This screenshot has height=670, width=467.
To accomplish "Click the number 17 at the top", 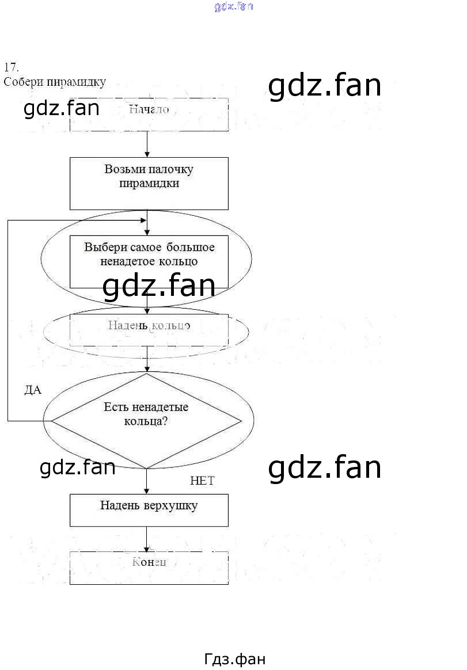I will click(x=11, y=66).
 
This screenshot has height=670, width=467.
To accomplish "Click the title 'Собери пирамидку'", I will click(x=54, y=82).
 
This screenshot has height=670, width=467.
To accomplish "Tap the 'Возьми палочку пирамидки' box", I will click(x=149, y=184).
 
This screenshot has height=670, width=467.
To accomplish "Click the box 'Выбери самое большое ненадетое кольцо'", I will click(x=149, y=255).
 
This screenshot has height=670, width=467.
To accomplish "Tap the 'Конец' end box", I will click(x=149, y=568).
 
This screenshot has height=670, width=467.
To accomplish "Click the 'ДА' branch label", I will click(x=33, y=390).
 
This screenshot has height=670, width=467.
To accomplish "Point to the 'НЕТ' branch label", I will click(x=202, y=481).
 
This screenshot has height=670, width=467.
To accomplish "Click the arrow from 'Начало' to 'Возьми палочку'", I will click(x=147, y=144).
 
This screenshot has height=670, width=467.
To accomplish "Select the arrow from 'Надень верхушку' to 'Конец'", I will click(x=147, y=539).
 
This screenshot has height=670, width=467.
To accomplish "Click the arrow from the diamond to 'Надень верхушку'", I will click(x=147, y=481).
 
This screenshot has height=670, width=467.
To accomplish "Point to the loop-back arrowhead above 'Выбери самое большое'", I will click(x=142, y=220).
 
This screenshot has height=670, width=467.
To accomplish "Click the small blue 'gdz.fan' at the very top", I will click(x=233, y=7).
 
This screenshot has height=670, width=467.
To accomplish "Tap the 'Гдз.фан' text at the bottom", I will click(x=234, y=660).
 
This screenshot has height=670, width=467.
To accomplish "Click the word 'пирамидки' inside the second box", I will click(x=149, y=184).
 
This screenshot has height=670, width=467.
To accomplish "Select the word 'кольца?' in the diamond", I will click(x=146, y=421).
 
